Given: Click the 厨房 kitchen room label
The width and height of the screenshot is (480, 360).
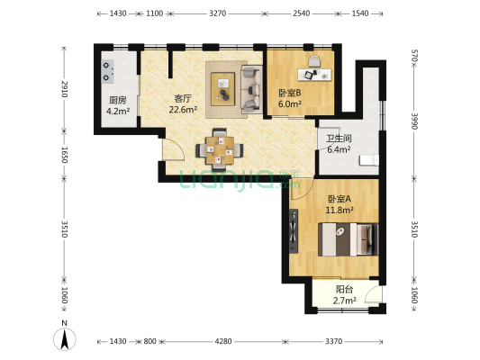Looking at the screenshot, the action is [x=118, y=100].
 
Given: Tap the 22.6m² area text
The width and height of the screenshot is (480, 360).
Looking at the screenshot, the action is [x=183, y=110].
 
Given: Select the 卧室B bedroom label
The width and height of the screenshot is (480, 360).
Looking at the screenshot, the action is [x=290, y=93].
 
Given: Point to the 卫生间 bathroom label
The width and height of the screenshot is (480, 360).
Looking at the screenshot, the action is [x=339, y=139].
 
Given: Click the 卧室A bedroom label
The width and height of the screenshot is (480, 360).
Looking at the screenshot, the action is [x=340, y=199].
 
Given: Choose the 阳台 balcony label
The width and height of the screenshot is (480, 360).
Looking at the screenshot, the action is [x=344, y=289].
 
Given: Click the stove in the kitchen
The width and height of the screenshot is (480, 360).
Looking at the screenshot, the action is [x=108, y=72].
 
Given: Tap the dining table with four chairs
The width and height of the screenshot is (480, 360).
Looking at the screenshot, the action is [x=220, y=150].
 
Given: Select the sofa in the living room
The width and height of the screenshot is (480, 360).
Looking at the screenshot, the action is [x=251, y=89].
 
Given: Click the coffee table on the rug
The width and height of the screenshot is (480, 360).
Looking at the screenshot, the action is [x=222, y=89].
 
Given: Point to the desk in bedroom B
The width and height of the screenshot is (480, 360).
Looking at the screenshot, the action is [x=315, y=75].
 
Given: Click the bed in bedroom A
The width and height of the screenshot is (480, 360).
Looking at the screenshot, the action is [x=349, y=239].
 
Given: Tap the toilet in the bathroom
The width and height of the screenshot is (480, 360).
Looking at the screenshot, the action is [x=369, y=160].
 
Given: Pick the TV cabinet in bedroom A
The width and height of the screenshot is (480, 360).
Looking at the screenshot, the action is [x=294, y=231].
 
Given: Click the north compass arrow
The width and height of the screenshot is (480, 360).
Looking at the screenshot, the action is [x=65, y=339].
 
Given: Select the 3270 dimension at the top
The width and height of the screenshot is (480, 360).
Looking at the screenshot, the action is [x=218, y=13].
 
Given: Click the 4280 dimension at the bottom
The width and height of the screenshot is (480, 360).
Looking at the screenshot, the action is [x=223, y=341].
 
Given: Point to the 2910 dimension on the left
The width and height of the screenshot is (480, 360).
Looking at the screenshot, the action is [x=64, y=89].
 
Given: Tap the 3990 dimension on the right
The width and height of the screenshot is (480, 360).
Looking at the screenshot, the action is [x=414, y=121].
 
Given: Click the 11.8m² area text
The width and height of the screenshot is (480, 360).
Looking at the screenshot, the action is [x=340, y=210].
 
